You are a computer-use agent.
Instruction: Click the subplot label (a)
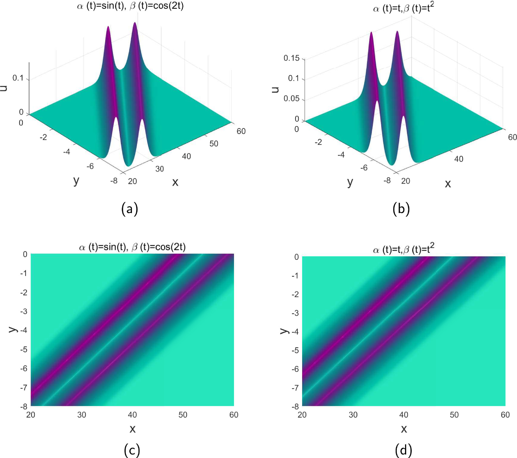130,209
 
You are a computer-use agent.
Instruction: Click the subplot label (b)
401,209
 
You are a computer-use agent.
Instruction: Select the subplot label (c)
132,450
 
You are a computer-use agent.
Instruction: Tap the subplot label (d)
403,450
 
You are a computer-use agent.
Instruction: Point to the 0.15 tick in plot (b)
291,58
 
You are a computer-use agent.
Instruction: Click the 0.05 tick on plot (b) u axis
291,99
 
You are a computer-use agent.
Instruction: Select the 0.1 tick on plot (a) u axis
18,78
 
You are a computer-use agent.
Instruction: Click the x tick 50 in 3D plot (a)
214,144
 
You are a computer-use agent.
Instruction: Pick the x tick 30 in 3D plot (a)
160,169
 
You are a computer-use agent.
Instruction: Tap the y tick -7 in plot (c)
24,387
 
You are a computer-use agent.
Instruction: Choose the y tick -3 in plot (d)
295,313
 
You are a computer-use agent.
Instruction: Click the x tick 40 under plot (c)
132,414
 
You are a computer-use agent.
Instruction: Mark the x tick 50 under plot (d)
454,414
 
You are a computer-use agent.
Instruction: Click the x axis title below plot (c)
132,429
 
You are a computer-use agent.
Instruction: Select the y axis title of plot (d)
284,331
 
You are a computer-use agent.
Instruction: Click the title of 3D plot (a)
130,6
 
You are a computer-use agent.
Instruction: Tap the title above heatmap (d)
403,249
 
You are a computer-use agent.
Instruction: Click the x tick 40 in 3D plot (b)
459,159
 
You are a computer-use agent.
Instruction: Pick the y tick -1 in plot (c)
24,273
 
